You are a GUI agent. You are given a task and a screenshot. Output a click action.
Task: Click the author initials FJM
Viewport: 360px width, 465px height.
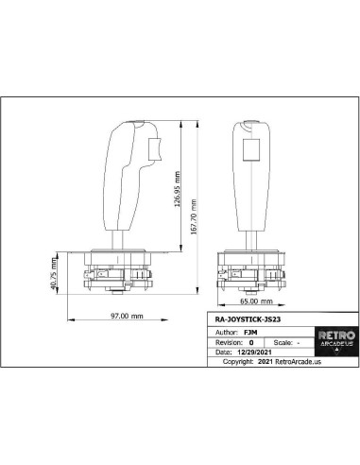tap(250, 333)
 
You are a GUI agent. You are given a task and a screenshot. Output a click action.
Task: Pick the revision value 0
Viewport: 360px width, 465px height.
tap(251, 342)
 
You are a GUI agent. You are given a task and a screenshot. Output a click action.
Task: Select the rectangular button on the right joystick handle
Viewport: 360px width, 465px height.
tap(252, 151)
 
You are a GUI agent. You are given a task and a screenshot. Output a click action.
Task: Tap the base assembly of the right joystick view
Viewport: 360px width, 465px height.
tap(252, 269)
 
